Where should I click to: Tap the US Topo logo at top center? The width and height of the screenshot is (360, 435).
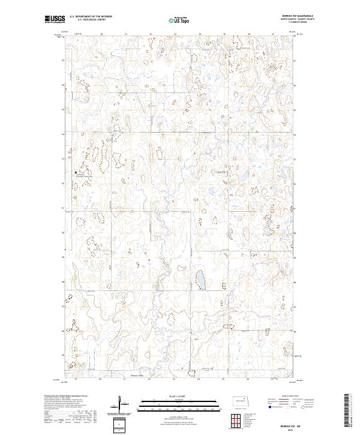pos(179,20)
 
